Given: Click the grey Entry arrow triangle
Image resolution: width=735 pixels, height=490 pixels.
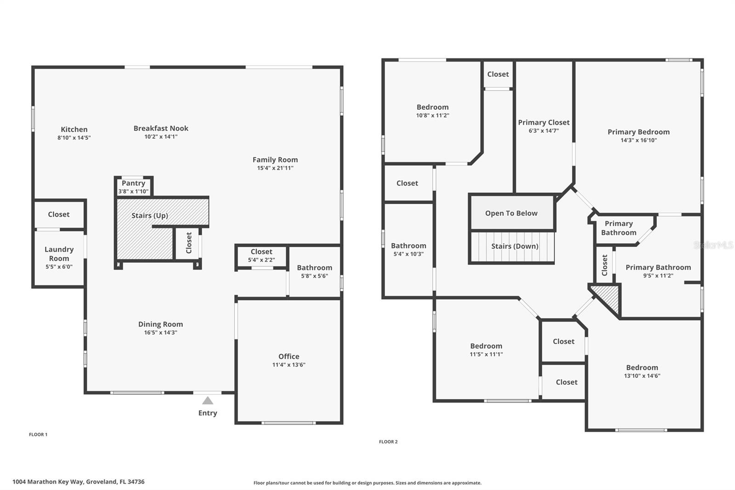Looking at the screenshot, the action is pos(208,400).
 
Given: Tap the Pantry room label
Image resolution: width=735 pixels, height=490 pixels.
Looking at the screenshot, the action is pos(133,183).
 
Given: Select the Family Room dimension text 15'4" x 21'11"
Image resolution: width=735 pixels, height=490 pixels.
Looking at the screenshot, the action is pos(275,168).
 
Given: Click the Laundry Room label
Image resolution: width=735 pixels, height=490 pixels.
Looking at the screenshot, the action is pos(59,254).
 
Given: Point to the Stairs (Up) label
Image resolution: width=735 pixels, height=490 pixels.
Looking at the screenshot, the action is pos(150,216).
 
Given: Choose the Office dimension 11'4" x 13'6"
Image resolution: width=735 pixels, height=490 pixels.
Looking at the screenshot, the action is pos(289,365).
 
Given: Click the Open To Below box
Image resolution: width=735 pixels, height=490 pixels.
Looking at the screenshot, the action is pos(512,213).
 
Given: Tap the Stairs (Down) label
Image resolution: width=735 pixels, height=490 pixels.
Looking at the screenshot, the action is pos(514,246).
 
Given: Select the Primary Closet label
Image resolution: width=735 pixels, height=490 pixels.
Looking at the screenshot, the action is pos(544,122).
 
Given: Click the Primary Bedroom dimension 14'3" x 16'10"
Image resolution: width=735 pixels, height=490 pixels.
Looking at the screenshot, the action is pos(639,140).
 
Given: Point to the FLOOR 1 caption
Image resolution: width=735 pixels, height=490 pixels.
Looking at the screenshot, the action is pos(38,434).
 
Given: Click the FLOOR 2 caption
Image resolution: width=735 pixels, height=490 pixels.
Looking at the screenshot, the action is pos(388,442).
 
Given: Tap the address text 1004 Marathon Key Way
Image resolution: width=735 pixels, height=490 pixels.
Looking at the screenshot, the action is pos(48,482).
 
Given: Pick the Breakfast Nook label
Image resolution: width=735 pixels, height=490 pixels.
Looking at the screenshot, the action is pos(161,128).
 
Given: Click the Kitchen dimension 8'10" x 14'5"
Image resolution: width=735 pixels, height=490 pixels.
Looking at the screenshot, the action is pos(74,137).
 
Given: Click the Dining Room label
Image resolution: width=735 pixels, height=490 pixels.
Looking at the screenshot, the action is pos(160,324).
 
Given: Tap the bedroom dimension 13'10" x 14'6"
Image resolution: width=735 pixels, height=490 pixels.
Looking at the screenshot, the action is pos(642,376).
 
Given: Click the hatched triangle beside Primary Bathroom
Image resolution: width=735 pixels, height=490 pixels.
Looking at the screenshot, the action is pos(608,297).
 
